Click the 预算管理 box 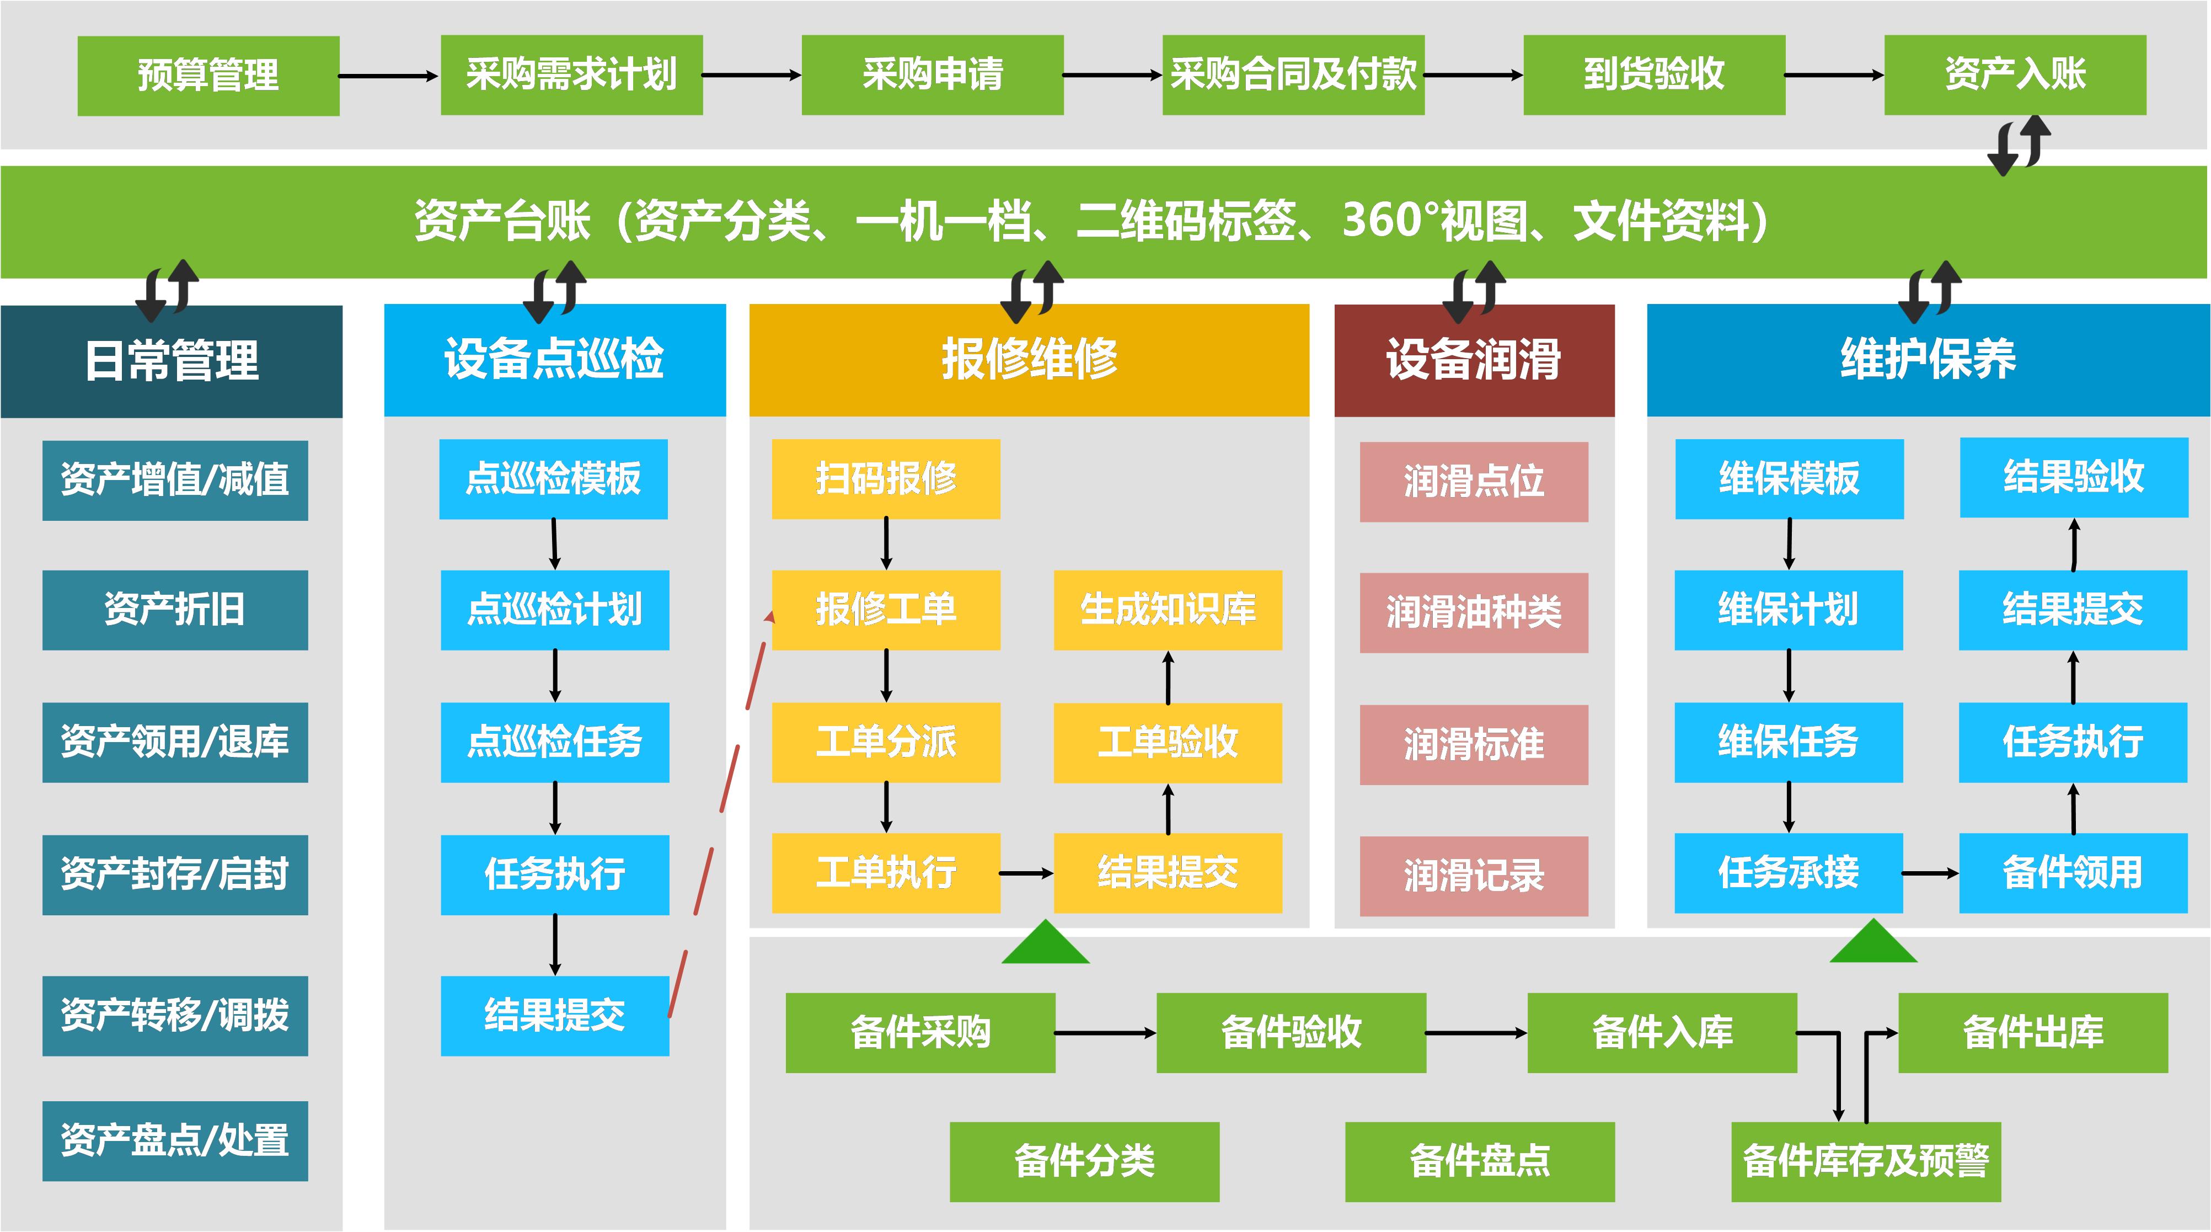(208, 76)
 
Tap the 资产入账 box (2015, 74)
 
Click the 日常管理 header (172, 361)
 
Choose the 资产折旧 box (175, 610)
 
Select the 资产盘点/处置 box (175, 1140)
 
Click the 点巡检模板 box (554, 479)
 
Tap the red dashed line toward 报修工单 (717, 815)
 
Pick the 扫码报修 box (886, 479)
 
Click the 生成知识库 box (1168, 610)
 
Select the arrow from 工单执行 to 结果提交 (1026, 873)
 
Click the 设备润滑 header (1474, 361)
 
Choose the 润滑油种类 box (1474, 612)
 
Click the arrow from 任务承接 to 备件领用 (1930, 873)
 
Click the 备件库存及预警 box (1865, 1161)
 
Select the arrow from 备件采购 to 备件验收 (1105, 1033)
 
